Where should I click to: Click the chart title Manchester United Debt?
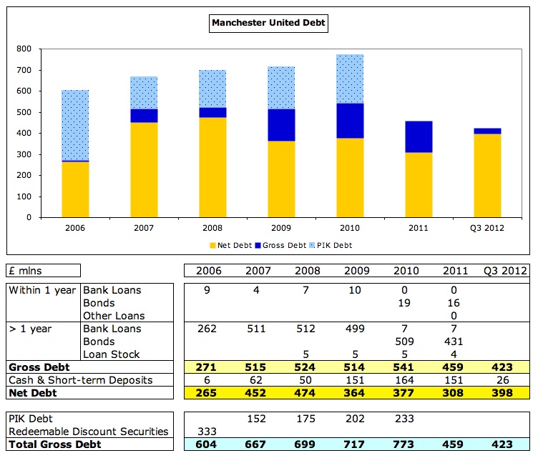point(268,23)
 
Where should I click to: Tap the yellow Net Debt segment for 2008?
point(212,167)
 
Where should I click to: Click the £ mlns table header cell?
point(44,271)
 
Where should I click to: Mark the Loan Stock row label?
point(110,354)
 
